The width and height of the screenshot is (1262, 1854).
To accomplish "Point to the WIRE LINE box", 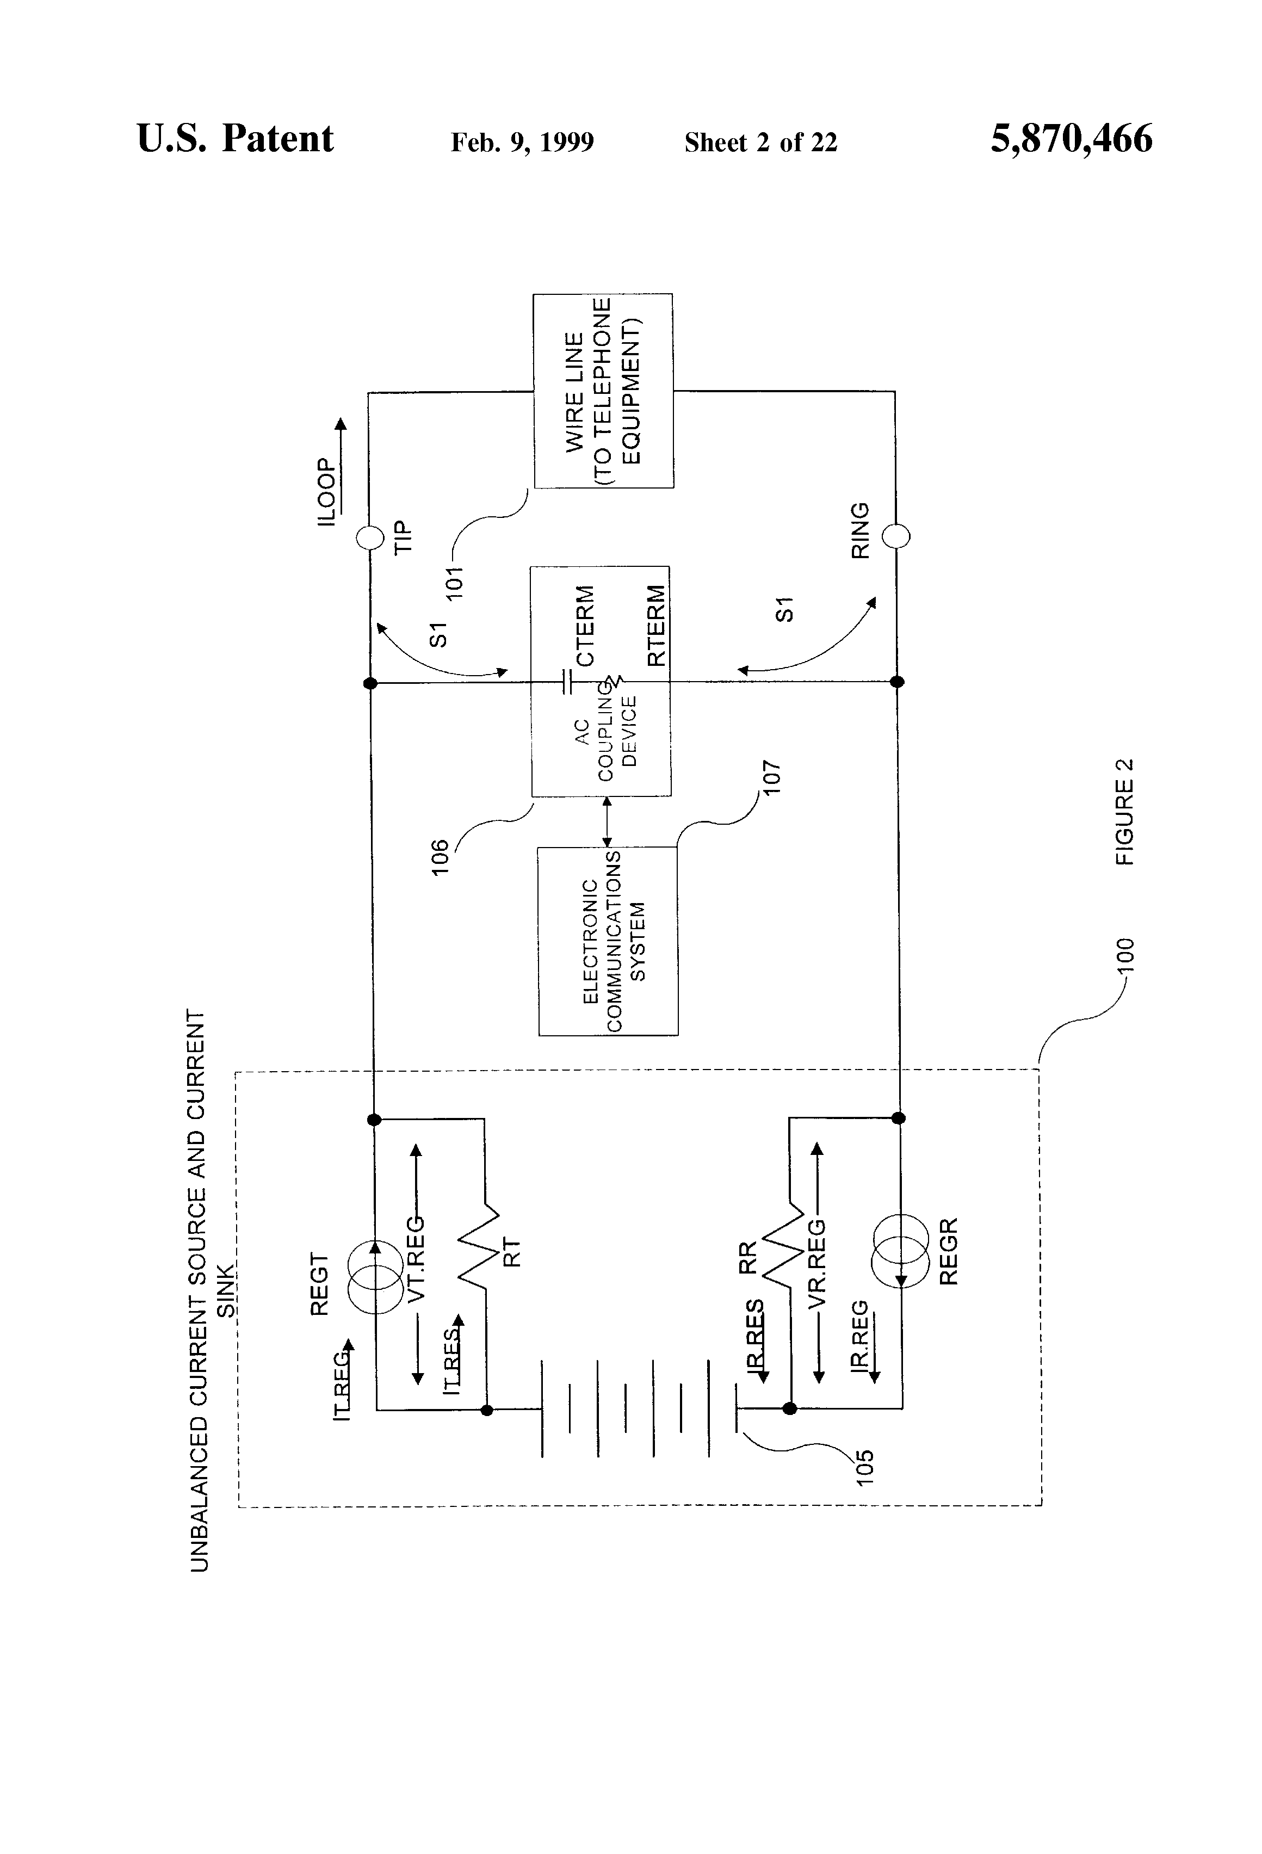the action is [603, 391].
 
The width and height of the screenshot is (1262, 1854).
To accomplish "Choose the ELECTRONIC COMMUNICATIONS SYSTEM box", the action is [608, 941].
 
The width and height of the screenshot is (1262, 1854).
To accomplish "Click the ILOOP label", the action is [326, 491].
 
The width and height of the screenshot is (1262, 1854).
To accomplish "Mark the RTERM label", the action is [655, 626].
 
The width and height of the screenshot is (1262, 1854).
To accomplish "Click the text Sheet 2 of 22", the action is [761, 143].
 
